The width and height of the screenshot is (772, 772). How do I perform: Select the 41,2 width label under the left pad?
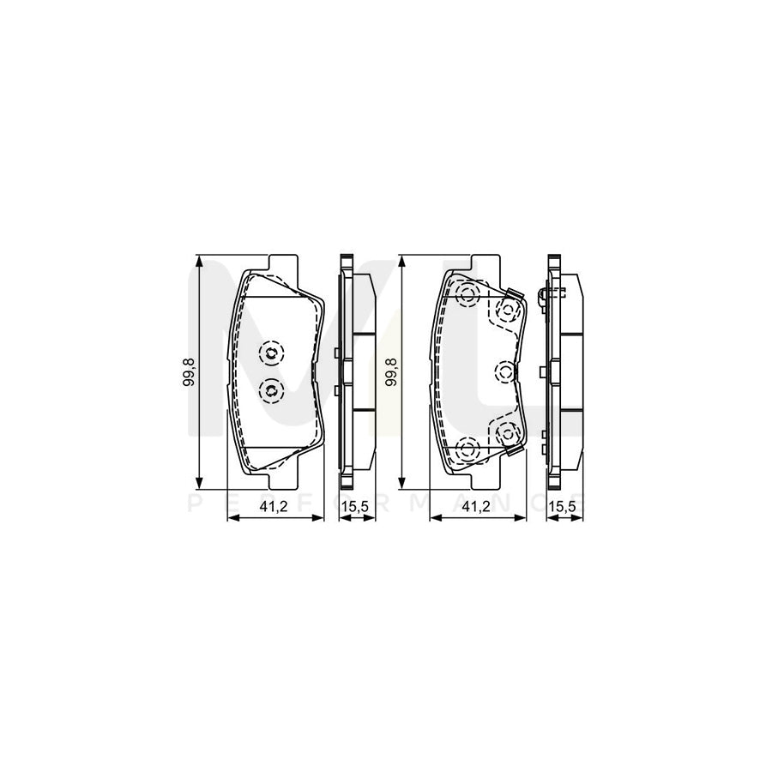(273, 507)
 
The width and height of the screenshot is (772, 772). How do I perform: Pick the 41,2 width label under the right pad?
(475, 507)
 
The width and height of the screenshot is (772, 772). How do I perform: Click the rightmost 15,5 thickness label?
(561, 507)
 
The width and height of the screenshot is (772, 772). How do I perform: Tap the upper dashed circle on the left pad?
(270, 352)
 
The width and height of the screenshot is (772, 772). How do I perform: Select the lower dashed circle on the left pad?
(270, 390)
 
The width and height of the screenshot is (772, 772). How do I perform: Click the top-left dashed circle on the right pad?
(467, 296)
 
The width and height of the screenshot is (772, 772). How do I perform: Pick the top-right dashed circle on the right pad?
(507, 311)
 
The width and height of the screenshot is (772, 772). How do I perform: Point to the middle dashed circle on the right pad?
(505, 371)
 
